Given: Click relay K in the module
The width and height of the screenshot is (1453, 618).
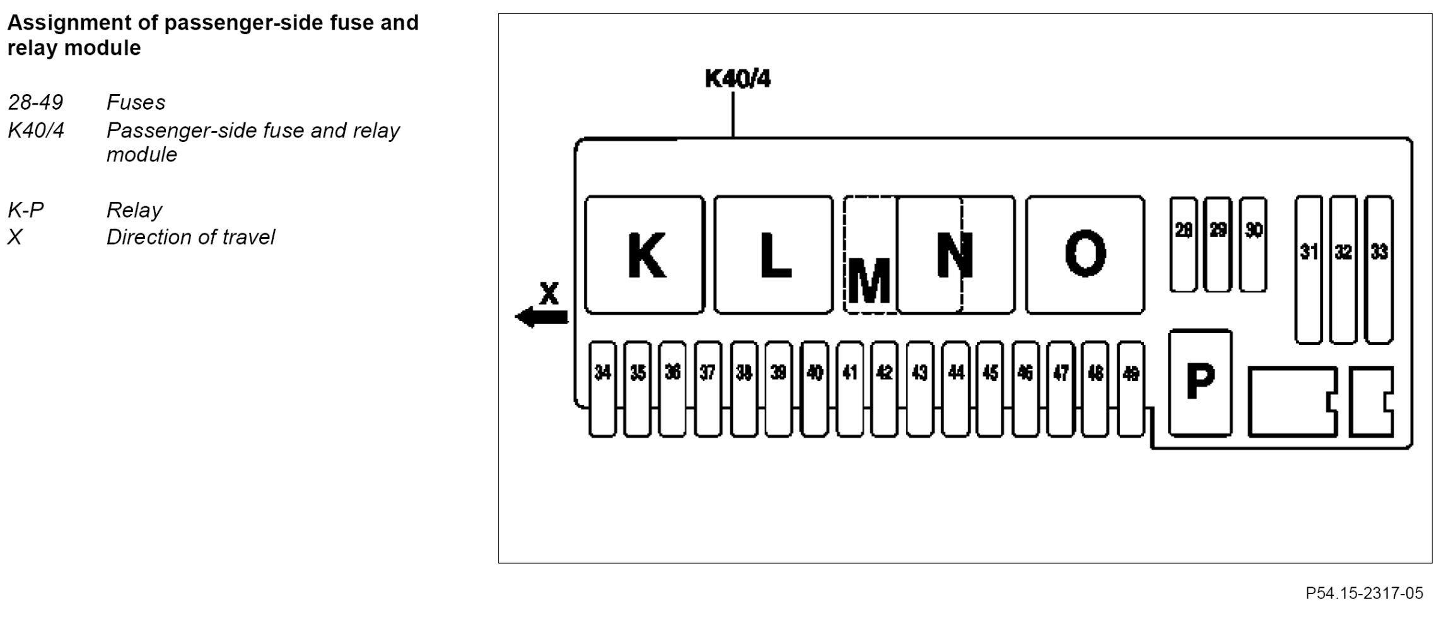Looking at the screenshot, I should tap(645, 255).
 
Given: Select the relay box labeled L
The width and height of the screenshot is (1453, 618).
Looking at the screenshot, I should tap(774, 255).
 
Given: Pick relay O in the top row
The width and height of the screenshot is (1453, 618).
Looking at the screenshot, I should tap(1085, 255).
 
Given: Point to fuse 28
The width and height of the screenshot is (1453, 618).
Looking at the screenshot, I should tap(1183, 245).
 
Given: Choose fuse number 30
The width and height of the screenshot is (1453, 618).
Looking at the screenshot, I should tap(1253, 245).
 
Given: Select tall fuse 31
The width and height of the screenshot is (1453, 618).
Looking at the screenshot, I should tap(1309, 270).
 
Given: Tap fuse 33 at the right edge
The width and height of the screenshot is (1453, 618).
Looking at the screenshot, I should tap(1379, 270).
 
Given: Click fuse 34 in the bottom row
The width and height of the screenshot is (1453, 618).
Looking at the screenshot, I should tap(602, 388).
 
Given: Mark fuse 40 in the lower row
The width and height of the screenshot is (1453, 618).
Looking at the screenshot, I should tap(814, 388).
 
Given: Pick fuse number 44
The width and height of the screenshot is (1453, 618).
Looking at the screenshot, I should tap(955, 388).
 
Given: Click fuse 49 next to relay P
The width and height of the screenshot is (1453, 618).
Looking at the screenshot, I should tap(1131, 388).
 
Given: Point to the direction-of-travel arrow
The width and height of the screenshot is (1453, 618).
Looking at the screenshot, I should tap(542, 317).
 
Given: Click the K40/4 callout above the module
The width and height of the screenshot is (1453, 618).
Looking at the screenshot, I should tap(737, 79).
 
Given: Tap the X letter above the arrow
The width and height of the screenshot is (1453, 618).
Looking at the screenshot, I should tap(549, 293).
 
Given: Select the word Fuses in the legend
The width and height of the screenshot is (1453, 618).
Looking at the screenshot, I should tap(136, 102).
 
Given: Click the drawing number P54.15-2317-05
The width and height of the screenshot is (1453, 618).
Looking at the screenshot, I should tap(1363, 593).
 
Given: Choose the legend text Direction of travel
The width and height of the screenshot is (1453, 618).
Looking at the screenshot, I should tap(190, 237).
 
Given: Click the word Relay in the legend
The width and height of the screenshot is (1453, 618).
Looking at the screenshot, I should tap(134, 210).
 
